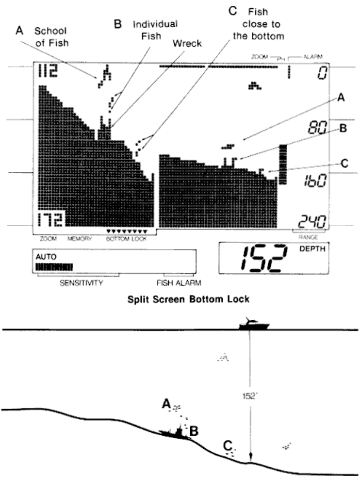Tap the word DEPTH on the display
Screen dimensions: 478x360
[308, 249]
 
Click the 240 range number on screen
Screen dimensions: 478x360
[311, 222]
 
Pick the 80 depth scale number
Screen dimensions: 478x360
[316, 129]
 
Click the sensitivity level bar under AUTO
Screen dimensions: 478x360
[54, 266]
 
